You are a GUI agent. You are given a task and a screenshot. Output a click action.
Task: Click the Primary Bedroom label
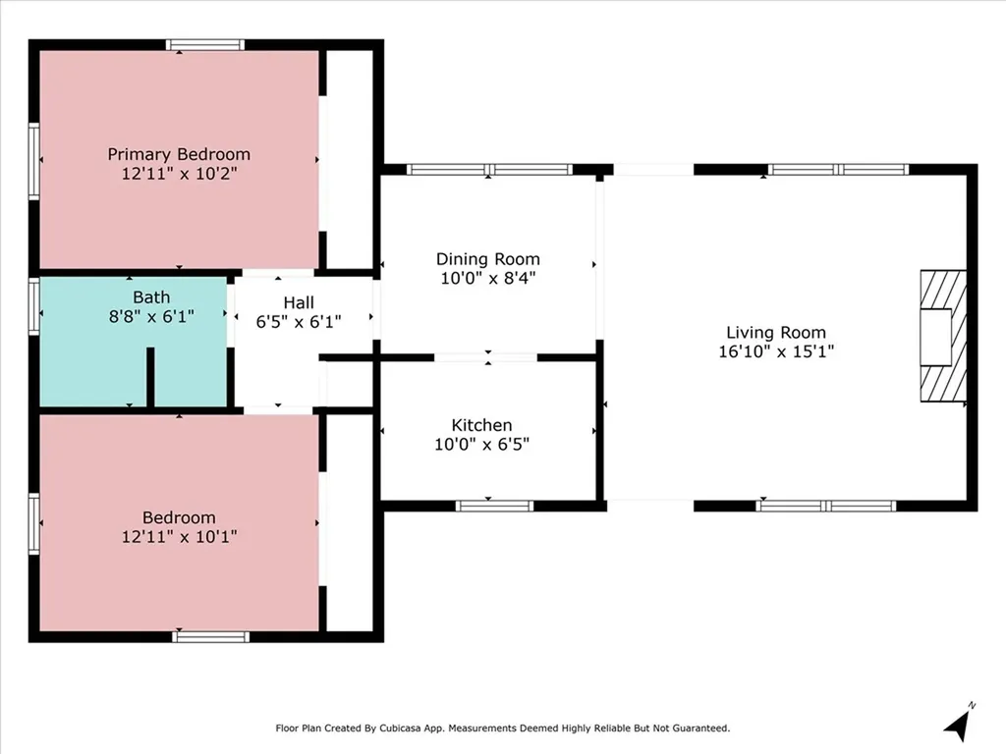click(x=179, y=154)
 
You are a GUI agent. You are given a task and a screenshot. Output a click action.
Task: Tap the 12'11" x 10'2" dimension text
click(x=179, y=174)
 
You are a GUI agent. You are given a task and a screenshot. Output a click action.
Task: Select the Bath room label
click(x=151, y=297)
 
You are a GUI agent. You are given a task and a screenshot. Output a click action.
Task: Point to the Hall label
click(x=299, y=302)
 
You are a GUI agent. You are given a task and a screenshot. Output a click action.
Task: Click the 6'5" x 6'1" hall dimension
click(x=299, y=322)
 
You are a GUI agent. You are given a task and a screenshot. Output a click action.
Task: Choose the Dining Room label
click(x=487, y=259)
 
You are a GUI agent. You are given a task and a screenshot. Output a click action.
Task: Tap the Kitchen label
click(x=481, y=426)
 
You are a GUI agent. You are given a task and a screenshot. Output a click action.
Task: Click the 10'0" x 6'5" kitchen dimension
click(x=481, y=445)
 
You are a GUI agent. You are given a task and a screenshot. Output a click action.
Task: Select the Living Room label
click(x=776, y=333)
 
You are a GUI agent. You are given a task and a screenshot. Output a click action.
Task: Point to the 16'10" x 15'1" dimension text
click(x=776, y=351)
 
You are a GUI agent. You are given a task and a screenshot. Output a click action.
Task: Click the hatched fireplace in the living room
click(x=943, y=336)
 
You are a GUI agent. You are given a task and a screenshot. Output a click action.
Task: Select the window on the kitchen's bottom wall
click(x=495, y=506)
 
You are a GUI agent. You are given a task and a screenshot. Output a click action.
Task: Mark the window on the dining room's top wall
click(x=489, y=170)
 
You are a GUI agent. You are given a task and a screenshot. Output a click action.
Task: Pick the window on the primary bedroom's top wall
click(x=205, y=45)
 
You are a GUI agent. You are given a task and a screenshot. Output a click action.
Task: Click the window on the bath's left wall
click(x=34, y=306)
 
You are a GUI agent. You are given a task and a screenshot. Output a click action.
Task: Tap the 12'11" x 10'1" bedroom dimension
click(x=179, y=537)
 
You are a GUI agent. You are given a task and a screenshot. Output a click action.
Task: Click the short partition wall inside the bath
click(x=150, y=377)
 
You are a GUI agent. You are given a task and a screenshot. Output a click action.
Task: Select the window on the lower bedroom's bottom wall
click(x=210, y=636)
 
